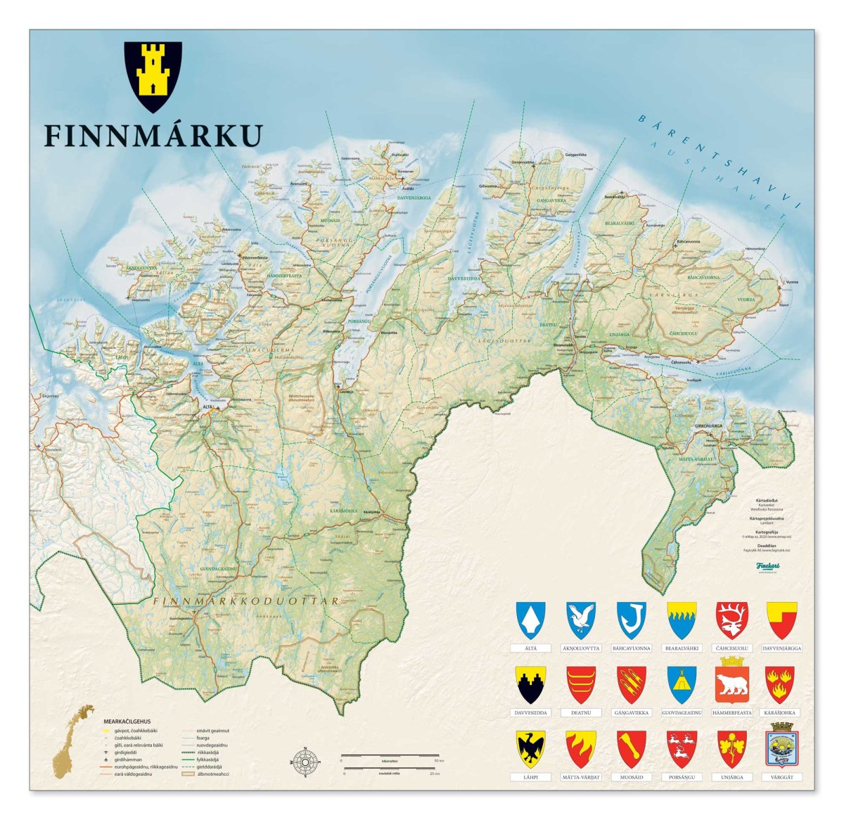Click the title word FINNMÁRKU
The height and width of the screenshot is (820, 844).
tap(153, 136)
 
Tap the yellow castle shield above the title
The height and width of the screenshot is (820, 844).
tap(153, 76)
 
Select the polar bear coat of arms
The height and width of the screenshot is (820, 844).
tap(731, 684)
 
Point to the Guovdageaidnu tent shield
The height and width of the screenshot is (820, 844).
tap(682, 684)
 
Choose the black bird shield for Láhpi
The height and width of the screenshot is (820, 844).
tap(530, 749)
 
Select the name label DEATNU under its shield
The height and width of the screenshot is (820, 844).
tap(581, 713)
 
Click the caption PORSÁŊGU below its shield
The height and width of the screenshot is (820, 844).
tap(682, 777)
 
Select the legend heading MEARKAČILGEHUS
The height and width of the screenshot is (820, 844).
tap(127, 722)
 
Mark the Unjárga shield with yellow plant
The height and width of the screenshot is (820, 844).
tap(731, 749)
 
